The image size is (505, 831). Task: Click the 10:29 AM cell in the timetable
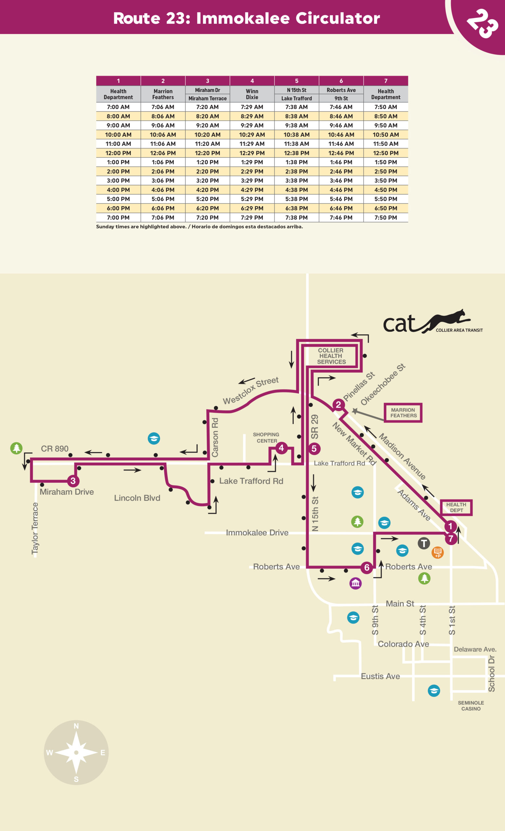tap(252, 135)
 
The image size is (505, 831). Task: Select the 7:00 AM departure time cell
tap(118, 107)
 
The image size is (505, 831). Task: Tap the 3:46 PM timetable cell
tap(341, 180)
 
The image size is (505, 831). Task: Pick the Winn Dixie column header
tap(252, 94)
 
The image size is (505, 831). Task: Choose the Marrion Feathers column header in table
tap(163, 94)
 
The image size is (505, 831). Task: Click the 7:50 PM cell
tap(385, 217)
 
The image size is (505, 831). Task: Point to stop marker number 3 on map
tap(73, 481)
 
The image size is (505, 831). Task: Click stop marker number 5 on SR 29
tap(314, 449)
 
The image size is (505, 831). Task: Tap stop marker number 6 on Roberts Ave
tap(367, 568)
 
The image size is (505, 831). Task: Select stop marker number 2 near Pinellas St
tap(338, 405)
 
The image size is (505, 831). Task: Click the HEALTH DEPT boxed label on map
tap(456, 508)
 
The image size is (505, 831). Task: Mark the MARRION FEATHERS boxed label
tap(403, 413)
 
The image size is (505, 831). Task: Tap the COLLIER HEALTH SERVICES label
tap(331, 356)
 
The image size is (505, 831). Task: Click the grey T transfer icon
tap(424, 543)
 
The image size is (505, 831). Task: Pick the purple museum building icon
tap(356, 583)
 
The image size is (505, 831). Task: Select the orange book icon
tap(437, 552)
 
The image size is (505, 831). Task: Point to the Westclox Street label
tap(251, 390)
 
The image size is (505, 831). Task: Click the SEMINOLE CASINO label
tap(471, 706)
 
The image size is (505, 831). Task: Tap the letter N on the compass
tap(76, 726)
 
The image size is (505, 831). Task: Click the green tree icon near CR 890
tap(16, 448)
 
